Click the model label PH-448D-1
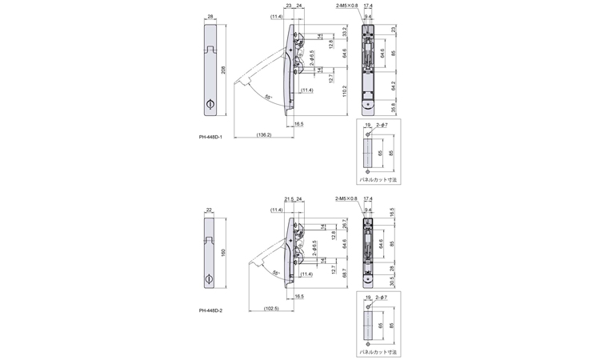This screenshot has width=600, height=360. point(210,137)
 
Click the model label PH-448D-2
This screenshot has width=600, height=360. point(210,310)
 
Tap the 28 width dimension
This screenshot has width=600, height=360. point(210,16)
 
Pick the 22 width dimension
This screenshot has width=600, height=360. point(210,210)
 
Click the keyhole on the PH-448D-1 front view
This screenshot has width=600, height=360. point(210,104)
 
